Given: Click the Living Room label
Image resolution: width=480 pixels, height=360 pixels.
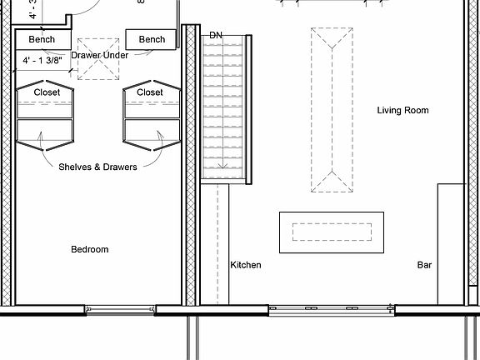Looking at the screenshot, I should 402,110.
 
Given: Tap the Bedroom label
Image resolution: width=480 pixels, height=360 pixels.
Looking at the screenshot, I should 89,249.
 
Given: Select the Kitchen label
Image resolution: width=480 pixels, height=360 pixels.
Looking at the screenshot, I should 245,265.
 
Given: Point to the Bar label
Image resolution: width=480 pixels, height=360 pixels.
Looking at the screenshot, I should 424,265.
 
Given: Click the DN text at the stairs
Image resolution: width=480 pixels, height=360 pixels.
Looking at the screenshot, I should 216,35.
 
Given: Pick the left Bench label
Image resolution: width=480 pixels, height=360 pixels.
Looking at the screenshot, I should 42,39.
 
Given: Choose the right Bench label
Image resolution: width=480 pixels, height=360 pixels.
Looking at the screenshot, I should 152,39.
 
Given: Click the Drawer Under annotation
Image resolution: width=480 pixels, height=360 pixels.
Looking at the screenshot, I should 99,55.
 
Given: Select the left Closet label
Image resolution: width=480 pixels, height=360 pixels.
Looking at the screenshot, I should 47,92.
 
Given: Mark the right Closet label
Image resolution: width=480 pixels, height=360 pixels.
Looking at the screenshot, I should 150,92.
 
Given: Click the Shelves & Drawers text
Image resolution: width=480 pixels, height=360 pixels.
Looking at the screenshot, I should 97,167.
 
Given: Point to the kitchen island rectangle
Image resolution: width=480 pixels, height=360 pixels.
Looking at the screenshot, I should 332,232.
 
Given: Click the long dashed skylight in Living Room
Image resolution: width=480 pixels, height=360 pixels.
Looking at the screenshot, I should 332,110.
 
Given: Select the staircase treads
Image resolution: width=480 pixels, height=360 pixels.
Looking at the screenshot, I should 225,108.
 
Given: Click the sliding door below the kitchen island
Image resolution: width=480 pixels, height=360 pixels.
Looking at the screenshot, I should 332,310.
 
